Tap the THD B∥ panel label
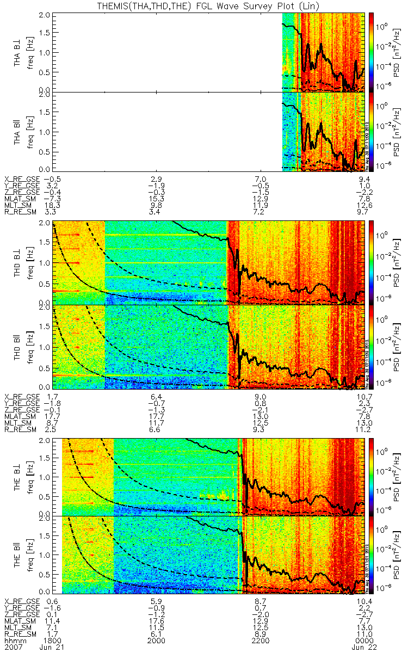18,347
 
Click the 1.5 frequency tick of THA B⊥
50,33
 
